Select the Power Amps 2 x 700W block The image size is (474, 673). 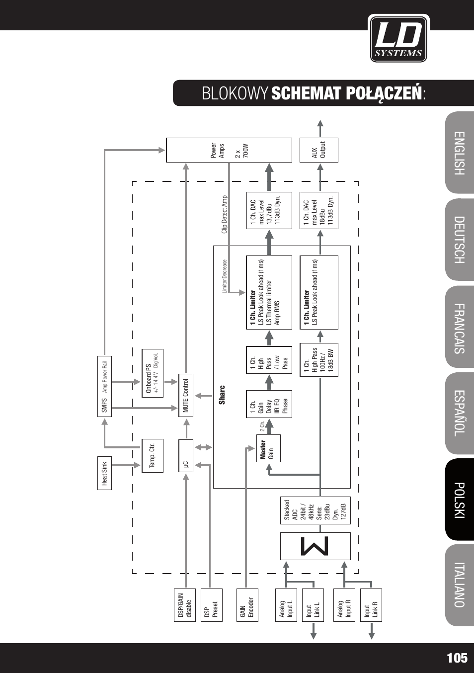[229, 150]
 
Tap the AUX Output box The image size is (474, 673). [318, 150]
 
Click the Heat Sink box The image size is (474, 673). [104, 473]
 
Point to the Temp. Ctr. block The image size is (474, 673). [153, 455]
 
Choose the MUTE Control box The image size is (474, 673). [186, 395]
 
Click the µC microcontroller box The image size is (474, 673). [186, 456]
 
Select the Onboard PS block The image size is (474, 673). [153, 373]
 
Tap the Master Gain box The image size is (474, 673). [268, 448]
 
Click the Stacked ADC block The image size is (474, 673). [316, 510]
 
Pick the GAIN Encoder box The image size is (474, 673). [247, 605]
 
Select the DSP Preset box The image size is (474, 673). [212, 605]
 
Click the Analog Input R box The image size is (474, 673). [344, 605]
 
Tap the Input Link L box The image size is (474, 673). [313, 605]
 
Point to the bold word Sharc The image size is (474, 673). [222, 395]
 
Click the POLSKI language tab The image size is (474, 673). [460, 500]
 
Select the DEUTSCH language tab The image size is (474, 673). [460, 240]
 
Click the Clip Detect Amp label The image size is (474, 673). [225, 214]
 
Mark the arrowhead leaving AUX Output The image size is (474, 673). [320, 123]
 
